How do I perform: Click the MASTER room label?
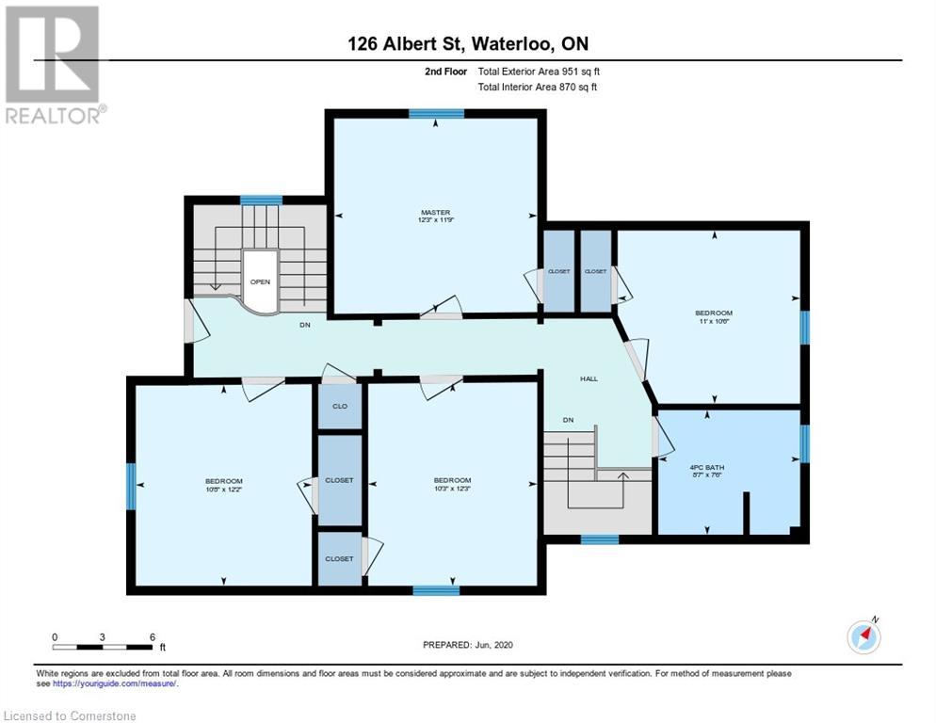pos(435,213)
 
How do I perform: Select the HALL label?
pos(589,378)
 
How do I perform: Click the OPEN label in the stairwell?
pos(260,281)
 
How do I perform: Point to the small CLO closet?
pos(339,408)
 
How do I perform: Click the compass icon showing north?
pos(863,637)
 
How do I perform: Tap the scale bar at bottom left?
pos(104,646)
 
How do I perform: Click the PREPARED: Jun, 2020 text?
pos(467,645)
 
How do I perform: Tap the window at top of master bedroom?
pos(436,114)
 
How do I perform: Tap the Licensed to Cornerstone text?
pos(71,716)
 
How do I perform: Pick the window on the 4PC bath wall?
pos(804,443)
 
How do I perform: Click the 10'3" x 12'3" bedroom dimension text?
pos(452,489)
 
